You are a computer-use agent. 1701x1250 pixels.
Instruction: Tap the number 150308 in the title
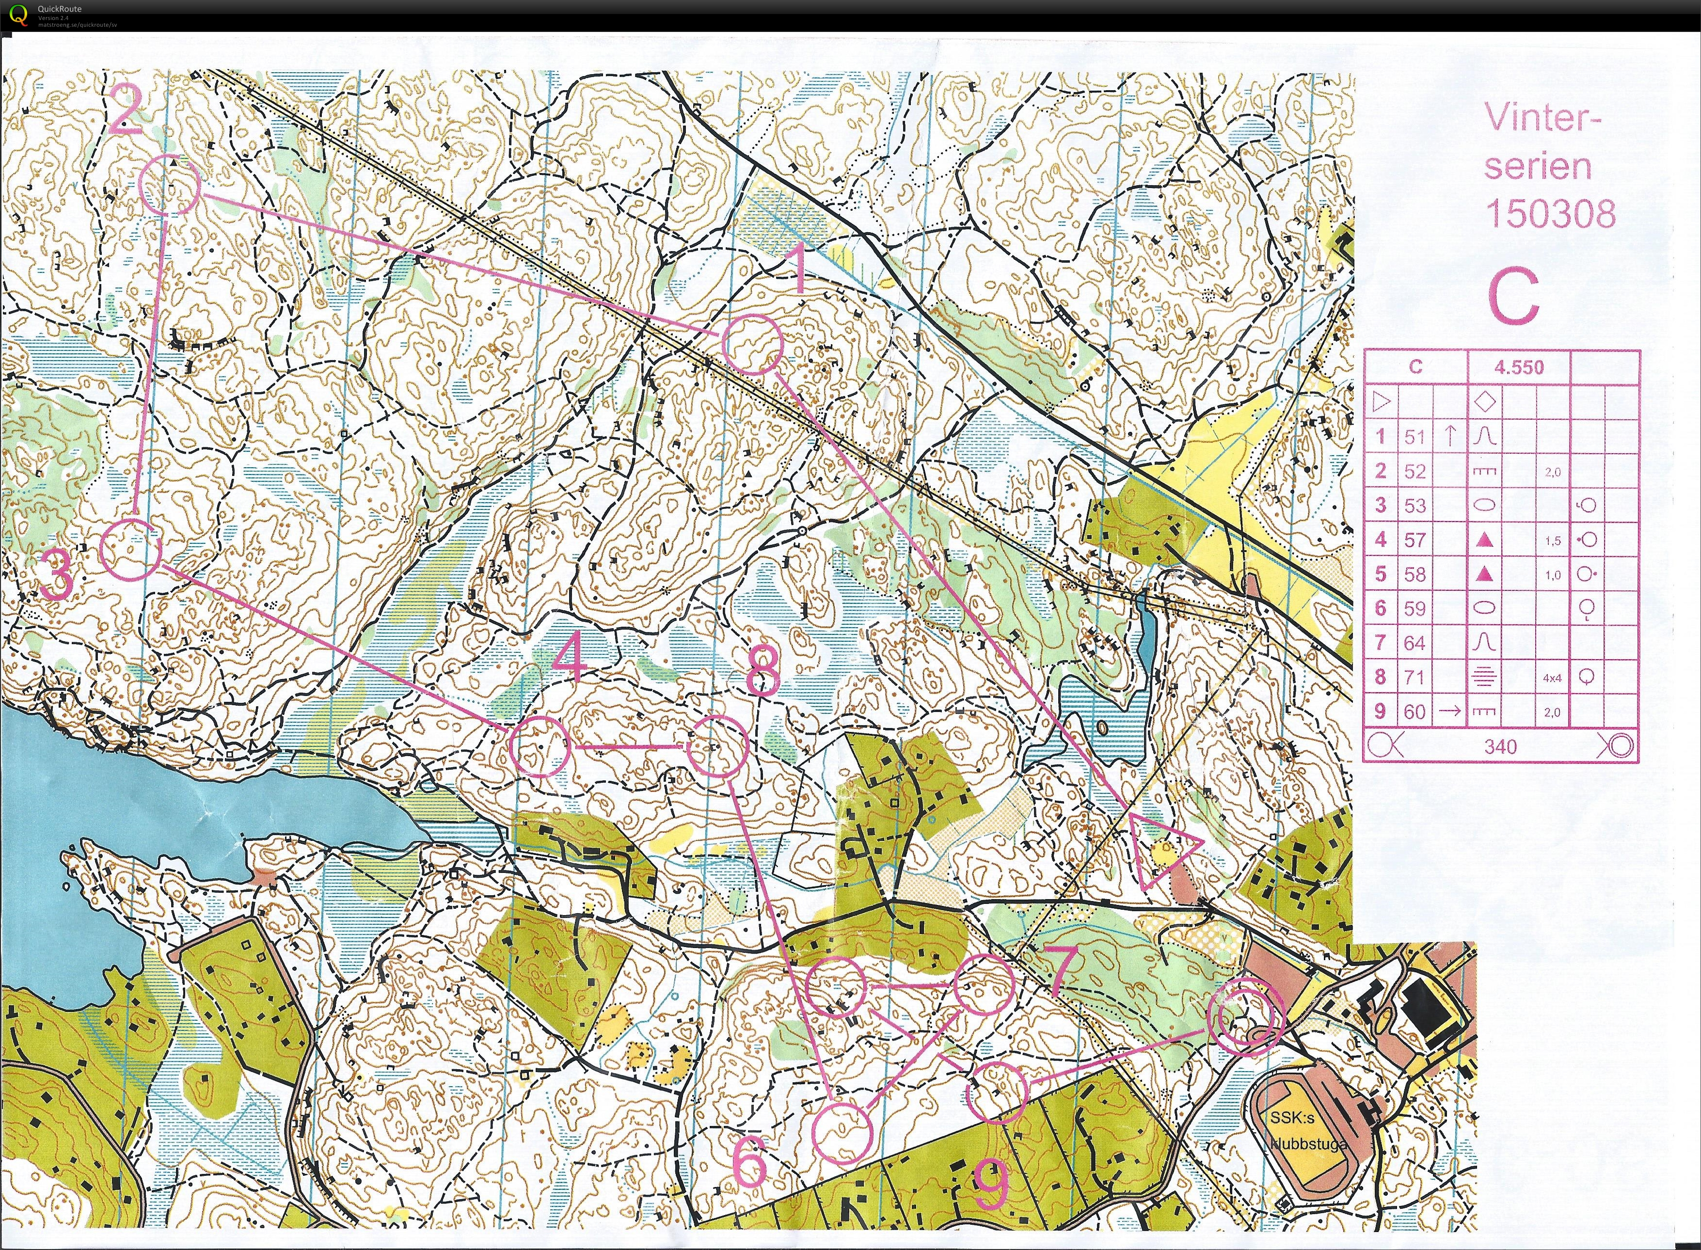1550,214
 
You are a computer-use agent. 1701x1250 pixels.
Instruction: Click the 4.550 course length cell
1519,368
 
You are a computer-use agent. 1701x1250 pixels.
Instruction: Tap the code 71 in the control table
1415,677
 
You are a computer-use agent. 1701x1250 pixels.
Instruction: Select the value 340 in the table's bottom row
1500,747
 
